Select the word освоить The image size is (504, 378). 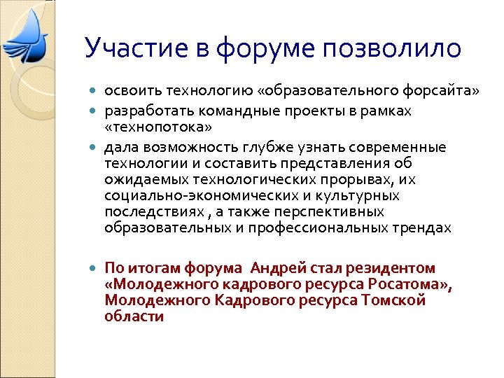[128, 90]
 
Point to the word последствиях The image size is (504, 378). [145, 212]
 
